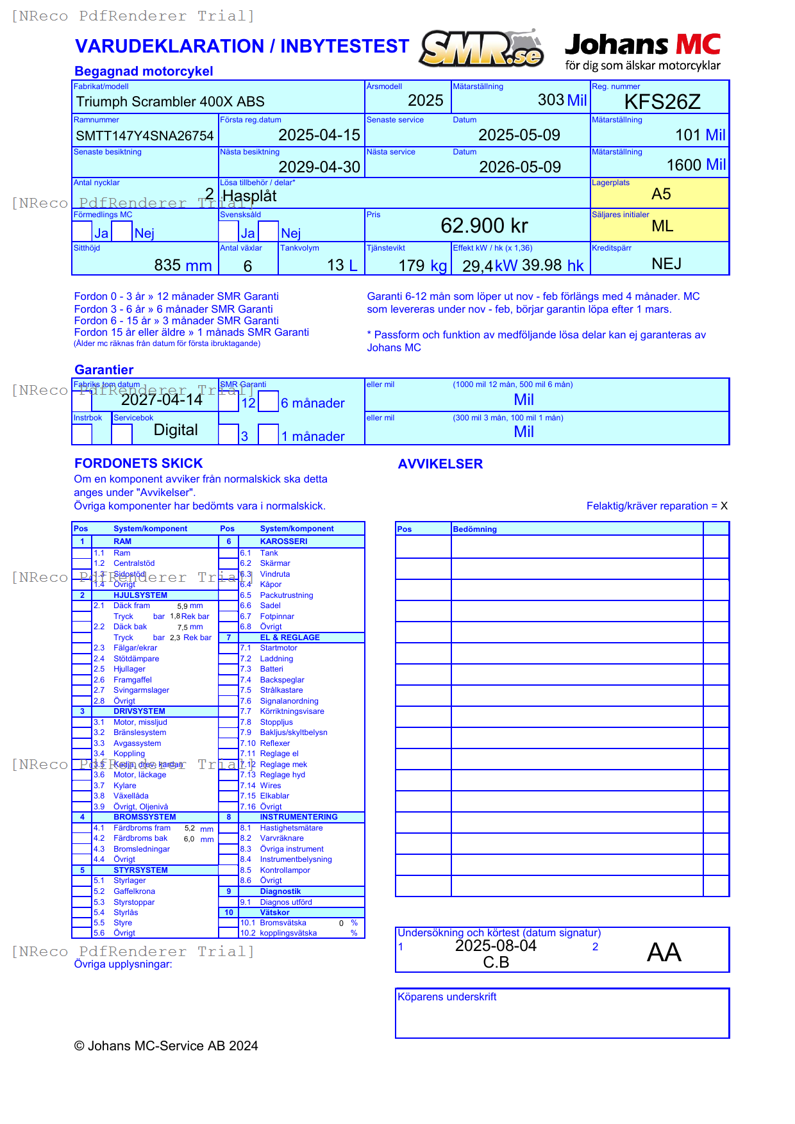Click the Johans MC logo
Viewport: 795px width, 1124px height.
pyautogui.click(x=642, y=51)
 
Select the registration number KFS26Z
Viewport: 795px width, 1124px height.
pyautogui.click(x=662, y=102)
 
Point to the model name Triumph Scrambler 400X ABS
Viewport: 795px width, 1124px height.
pyautogui.click(x=170, y=102)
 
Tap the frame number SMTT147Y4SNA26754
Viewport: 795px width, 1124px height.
pyautogui.click(x=144, y=136)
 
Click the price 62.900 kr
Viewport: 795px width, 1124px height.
pyautogui.click(x=484, y=226)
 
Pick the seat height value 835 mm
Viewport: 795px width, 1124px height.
pyautogui.click(x=183, y=265)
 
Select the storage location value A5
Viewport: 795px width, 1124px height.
pyautogui.click(x=661, y=194)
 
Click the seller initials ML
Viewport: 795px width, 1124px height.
pyautogui.click(x=662, y=226)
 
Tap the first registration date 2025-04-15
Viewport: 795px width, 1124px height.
pyautogui.click(x=319, y=135)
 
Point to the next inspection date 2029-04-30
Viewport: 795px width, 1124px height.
pyautogui.click(x=319, y=167)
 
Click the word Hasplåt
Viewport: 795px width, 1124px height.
pyautogui.click(x=249, y=196)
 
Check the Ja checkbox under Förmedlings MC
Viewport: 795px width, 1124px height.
pyautogui.click(x=82, y=231)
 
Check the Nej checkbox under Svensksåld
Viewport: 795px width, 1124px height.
pyautogui.click(x=269, y=231)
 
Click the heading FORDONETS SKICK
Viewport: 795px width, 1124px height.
pyautogui.click(x=138, y=463)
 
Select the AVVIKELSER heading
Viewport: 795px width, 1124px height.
pyautogui.click(x=440, y=464)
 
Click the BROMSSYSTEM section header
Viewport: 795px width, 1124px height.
pyautogui.click(x=144, y=817)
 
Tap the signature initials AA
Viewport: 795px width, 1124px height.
pyautogui.click(x=664, y=952)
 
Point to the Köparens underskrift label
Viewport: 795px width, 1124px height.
pyautogui.click(x=447, y=997)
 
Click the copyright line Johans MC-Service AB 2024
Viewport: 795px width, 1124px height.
pyautogui.click(x=166, y=1046)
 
